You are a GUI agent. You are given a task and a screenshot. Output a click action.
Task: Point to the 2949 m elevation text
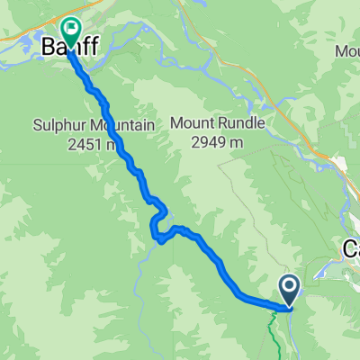click(220, 140)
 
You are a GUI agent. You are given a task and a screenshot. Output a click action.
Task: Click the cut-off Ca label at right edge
click(351, 249)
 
